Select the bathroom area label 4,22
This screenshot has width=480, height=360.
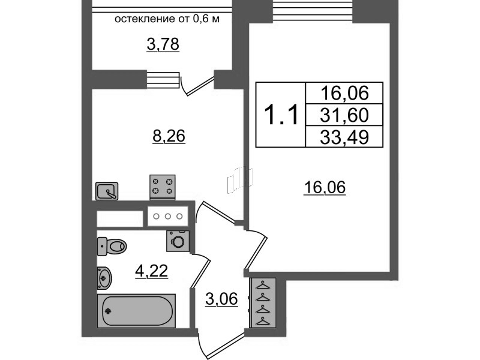point(151,272)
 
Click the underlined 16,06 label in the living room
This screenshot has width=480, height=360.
point(325,188)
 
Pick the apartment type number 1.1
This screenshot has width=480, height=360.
point(281,114)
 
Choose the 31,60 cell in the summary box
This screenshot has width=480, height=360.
point(344,114)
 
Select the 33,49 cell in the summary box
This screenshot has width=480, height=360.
point(344,137)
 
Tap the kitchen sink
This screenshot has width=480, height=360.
point(108,191)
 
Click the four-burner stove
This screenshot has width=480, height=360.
point(163,185)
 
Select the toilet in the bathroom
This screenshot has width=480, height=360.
point(112,245)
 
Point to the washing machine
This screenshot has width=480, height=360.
point(178,241)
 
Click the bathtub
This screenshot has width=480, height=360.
point(137,310)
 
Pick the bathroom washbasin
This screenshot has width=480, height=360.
point(104,277)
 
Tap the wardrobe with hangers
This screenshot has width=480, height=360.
point(262,303)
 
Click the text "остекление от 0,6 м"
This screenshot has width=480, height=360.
point(166,19)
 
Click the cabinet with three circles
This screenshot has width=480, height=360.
point(168,217)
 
